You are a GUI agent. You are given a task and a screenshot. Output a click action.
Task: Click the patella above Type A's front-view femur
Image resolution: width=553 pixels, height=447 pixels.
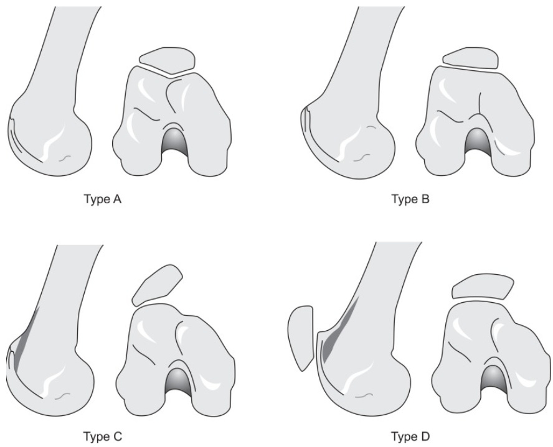(167, 60)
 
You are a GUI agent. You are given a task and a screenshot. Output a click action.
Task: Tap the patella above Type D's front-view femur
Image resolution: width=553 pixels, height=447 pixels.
(482, 287)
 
